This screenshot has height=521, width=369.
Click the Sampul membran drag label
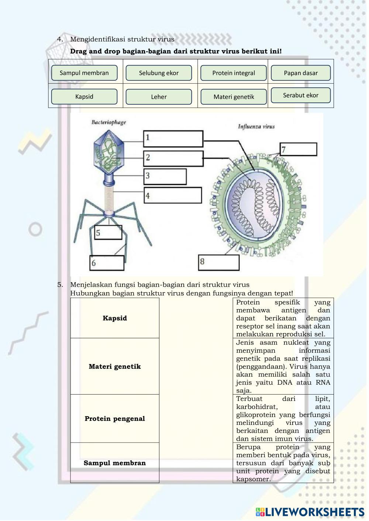[84, 73]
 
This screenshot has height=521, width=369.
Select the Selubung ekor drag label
[159, 73]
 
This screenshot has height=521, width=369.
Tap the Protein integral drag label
[233, 73]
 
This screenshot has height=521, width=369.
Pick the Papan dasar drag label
[300, 73]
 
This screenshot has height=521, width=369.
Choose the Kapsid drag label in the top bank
[84, 97]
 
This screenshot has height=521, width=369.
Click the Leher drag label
[159, 97]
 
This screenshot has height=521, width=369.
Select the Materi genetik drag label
[233, 97]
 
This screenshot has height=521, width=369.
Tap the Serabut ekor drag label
[300, 95]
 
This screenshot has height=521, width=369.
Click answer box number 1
[173, 139]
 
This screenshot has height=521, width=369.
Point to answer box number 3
[165, 176]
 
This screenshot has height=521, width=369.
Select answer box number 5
[108, 232]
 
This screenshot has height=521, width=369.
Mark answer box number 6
[107, 263]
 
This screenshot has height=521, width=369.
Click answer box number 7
[298, 149]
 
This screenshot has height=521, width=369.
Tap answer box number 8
[219, 262]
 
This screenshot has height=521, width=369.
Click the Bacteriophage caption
[108, 122]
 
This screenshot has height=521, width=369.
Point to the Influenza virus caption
[256, 127]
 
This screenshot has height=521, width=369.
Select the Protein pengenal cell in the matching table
[115, 419]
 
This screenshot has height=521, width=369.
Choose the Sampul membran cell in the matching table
[115, 463]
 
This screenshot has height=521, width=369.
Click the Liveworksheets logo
[310, 512]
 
